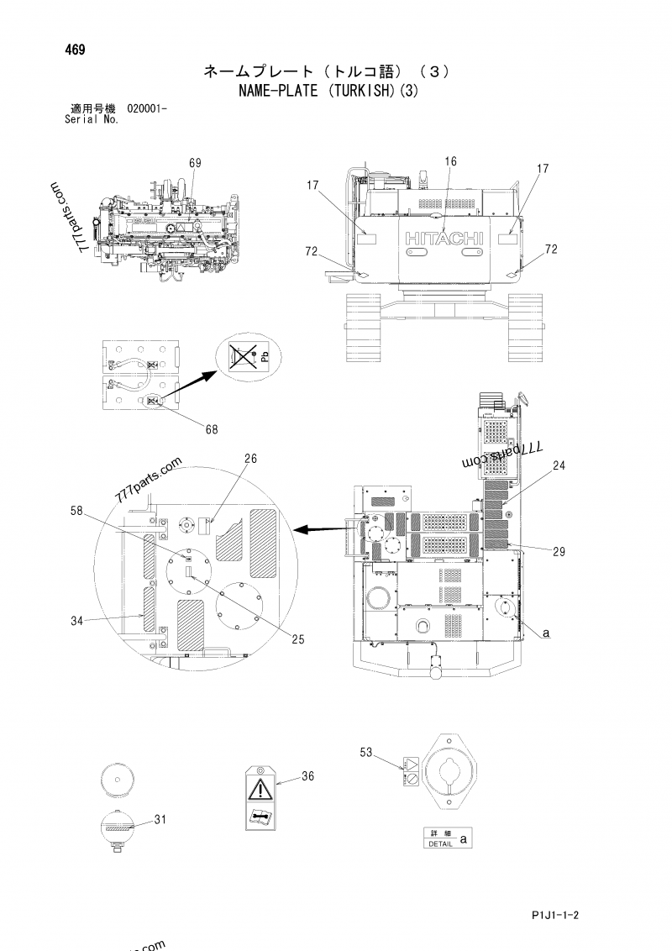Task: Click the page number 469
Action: pyautogui.click(x=74, y=48)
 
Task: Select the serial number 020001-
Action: pyautogui.click(x=147, y=108)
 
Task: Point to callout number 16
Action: pyautogui.click(x=450, y=161)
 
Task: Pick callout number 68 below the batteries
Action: pyautogui.click(x=211, y=429)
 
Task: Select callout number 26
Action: pyautogui.click(x=251, y=459)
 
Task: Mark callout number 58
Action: pyautogui.click(x=76, y=511)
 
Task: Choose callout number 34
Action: pyautogui.click(x=76, y=621)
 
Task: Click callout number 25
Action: pyautogui.click(x=296, y=638)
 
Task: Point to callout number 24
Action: pyautogui.click(x=559, y=465)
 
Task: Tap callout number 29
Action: pyautogui.click(x=559, y=551)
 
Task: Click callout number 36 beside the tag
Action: pyautogui.click(x=307, y=776)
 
